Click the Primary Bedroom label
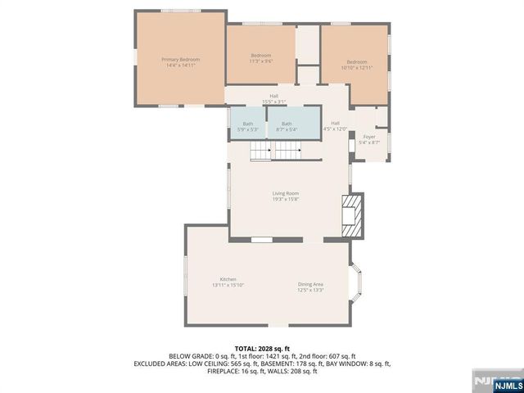coord(180,59)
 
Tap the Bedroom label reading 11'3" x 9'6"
coord(260,55)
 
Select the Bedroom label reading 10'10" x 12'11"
coord(356,62)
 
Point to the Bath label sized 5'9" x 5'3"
coord(247,124)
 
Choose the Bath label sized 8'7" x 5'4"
coord(287,124)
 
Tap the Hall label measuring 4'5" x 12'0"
coord(335,123)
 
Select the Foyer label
coord(369,137)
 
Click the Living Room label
coord(286,194)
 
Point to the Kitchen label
coord(228,279)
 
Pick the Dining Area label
coord(310,284)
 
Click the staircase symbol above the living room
coord(275,151)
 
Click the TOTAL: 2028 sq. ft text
coord(262,348)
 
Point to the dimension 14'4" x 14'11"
coord(180,65)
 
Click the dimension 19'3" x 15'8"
coord(286,199)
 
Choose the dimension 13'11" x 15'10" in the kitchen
coord(228,284)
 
